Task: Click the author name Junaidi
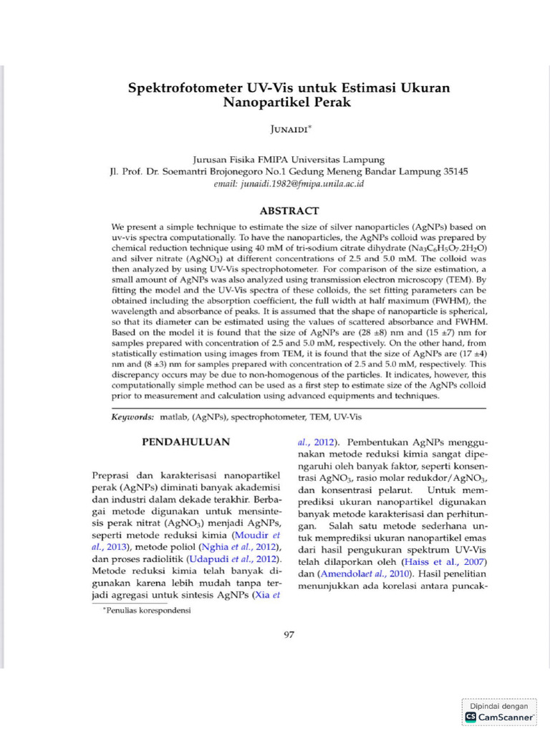pyautogui.click(x=288, y=129)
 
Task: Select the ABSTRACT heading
pyautogui.click(x=289, y=211)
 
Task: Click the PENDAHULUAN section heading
pyautogui.click(x=188, y=442)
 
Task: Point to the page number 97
pyautogui.click(x=289, y=634)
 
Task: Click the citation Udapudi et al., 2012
pyautogui.click(x=231, y=558)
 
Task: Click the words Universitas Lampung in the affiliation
pyautogui.click(x=341, y=160)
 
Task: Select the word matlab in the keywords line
pyautogui.click(x=173, y=416)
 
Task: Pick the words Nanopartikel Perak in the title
pyautogui.click(x=288, y=103)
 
